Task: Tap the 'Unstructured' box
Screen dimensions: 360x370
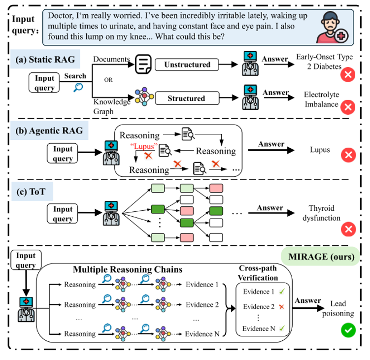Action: click(x=187, y=65)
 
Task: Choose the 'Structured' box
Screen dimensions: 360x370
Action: click(x=186, y=98)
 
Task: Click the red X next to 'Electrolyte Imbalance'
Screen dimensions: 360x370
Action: click(x=348, y=107)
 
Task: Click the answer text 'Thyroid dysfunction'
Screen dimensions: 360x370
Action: click(x=324, y=213)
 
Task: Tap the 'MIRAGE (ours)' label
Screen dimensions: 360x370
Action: click(x=318, y=257)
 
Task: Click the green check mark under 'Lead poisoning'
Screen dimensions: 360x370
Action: click(x=348, y=329)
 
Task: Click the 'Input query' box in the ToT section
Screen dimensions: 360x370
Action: click(x=63, y=214)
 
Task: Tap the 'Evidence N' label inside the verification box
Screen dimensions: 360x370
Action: click(x=256, y=328)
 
